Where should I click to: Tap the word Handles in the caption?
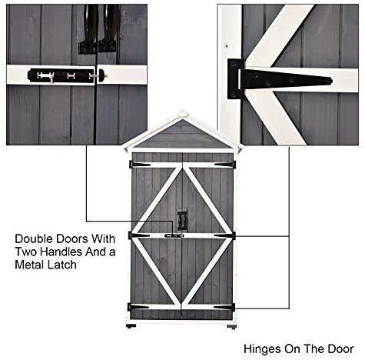[x=61, y=252]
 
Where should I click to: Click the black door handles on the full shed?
[x=183, y=220]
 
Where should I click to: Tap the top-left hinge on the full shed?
[x=140, y=165]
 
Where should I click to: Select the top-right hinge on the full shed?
[x=225, y=165]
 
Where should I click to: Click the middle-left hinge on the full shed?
[x=139, y=235]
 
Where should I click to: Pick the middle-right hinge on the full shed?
[x=224, y=235]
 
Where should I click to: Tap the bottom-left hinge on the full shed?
[x=138, y=307]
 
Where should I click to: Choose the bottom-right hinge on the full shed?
[x=224, y=307]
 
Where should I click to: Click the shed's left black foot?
[x=131, y=326]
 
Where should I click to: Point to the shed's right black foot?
[x=231, y=327]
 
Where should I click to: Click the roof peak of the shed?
[x=183, y=113]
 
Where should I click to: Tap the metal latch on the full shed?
[x=174, y=235]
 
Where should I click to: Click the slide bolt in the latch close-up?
[x=67, y=75]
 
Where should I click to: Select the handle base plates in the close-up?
[x=98, y=48]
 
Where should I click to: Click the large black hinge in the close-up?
[x=280, y=79]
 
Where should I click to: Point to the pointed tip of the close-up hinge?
[x=332, y=82]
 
